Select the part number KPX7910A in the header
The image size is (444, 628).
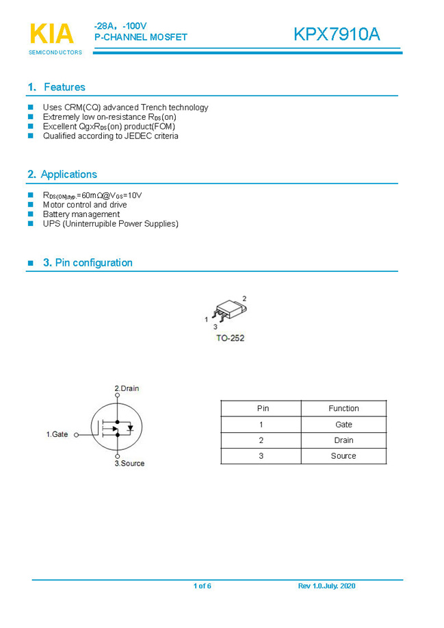pos(337,34)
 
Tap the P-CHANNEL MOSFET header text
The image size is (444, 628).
pos(140,37)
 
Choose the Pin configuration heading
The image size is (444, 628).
pos(88,262)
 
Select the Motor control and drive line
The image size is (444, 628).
pos(85,205)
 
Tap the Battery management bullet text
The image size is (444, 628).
pos(81,214)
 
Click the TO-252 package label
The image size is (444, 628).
pos(230,338)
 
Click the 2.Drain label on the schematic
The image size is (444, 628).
pos(127,388)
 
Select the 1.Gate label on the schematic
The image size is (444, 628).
pos(57,434)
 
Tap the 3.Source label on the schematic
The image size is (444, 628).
pos(129,464)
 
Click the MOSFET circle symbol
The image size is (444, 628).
pos(116,426)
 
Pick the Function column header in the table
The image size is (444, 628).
pos(343,408)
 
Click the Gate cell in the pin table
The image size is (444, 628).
pos(343,425)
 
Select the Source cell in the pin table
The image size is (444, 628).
pos(343,456)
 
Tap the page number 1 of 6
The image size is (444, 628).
pos(202,586)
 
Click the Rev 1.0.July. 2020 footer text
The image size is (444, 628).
pos(326,586)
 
